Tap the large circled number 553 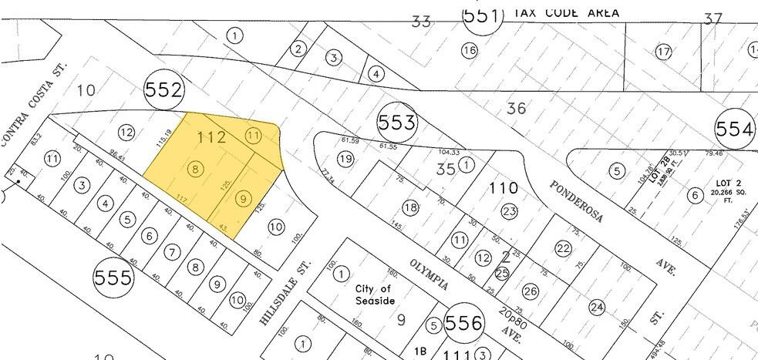pyautogui.click(x=397, y=122)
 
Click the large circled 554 pyautogui.click(x=735, y=130)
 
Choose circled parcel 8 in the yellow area pyautogui.click(x=197, y=170)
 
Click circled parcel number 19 pyautogui.click(x=345, y=159)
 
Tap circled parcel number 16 pyautogui.click(x=469, y=51)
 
